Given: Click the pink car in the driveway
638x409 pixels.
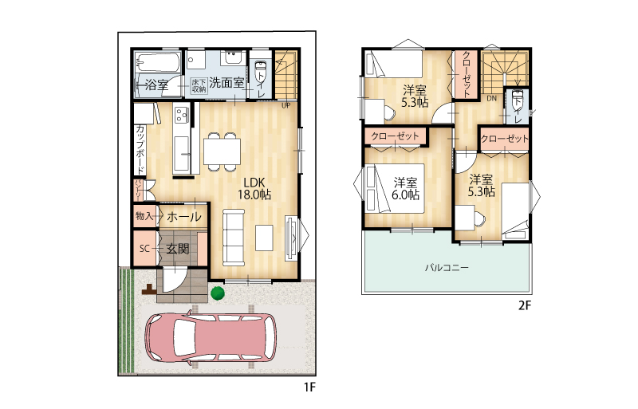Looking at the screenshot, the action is [211, 338].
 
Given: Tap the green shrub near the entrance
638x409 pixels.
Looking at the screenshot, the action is [217, 293].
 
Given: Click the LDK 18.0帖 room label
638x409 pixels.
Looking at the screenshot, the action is [254, 188].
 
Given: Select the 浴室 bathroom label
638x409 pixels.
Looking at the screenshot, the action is [156, 85].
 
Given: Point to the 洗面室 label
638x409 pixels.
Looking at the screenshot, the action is [226, 83].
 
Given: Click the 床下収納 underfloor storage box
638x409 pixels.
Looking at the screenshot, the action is [199, 85].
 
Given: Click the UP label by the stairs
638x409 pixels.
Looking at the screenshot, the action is [286, 105].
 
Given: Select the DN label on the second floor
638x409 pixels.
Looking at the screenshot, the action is [491, 99].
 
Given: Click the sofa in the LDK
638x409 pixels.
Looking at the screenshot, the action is [234, 238].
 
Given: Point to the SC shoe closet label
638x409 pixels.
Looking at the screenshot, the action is [144, 248].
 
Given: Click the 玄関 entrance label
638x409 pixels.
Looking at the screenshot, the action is [178, 249].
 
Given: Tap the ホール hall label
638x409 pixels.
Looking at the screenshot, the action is [184, 216].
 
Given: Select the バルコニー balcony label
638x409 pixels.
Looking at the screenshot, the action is [447, 267].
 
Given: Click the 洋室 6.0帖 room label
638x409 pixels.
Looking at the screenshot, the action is [405, 188].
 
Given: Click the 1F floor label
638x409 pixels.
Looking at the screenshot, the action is [309, 387].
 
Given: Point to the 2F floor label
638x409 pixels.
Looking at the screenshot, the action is [525, 305].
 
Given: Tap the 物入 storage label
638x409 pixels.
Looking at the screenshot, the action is [144, 216].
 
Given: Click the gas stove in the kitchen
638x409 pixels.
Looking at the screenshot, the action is [182, 114].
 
